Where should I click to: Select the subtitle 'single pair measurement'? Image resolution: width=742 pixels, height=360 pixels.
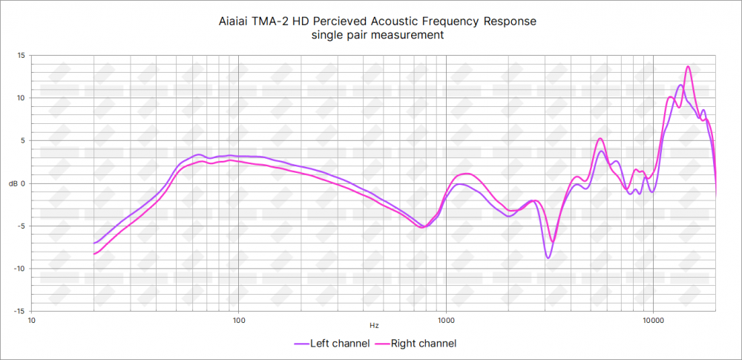[x=378, y=36]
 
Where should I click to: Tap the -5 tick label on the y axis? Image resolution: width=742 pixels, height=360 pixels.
[x=20, y=226]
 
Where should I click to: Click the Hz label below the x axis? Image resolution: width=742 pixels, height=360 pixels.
[x=374, y=325]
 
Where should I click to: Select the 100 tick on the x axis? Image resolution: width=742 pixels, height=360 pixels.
[x=239, y=320]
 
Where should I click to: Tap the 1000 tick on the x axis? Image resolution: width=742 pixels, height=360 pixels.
[x=446, y=320]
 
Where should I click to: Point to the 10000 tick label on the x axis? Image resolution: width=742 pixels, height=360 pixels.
[x=653, y=320]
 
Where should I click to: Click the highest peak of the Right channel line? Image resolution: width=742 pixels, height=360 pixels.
[x=689, y=67]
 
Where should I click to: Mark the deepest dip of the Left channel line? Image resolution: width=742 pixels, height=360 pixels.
[x=548, y=258]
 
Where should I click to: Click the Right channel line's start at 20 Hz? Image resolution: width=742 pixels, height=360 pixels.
[x=94, y=254]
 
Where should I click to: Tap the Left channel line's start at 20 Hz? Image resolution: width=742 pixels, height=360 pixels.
[x=94, y=243]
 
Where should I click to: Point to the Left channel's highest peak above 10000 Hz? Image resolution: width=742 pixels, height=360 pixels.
[x=680, y=85]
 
